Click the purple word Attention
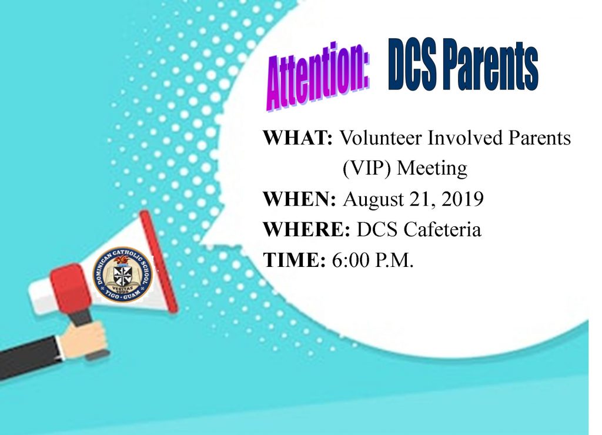click(317, 76)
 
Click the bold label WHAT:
click(297, 138)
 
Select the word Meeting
click(432, 169)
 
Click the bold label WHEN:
click(299, 199)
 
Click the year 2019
click(462, 199)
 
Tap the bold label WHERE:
click(306, 230)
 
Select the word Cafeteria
click(442, 230)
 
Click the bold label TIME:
click(295, 260)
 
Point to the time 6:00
click(350, 260)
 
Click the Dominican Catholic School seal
click(122, 273)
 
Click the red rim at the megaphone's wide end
click(158, 260)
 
